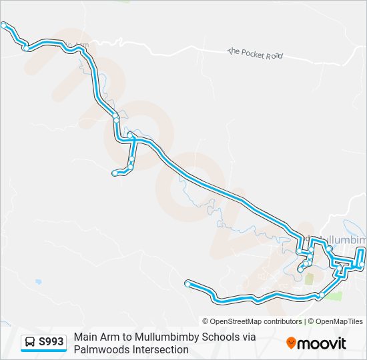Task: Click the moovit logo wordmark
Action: point(322,343)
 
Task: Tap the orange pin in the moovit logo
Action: point(292,343)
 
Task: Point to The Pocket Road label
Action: point(256,53)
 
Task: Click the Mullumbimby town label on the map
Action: point(340,239)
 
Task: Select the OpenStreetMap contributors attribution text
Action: point(252,321)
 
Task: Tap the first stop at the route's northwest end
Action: point(4,25)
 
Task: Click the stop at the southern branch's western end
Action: point(188,284)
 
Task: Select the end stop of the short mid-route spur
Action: point(115,173)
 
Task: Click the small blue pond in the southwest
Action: point(38,282)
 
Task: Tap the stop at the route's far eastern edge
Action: point(362,265)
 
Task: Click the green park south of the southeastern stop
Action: point(334,295)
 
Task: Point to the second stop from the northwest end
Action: point(25,47)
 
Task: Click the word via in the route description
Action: point(248,337)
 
